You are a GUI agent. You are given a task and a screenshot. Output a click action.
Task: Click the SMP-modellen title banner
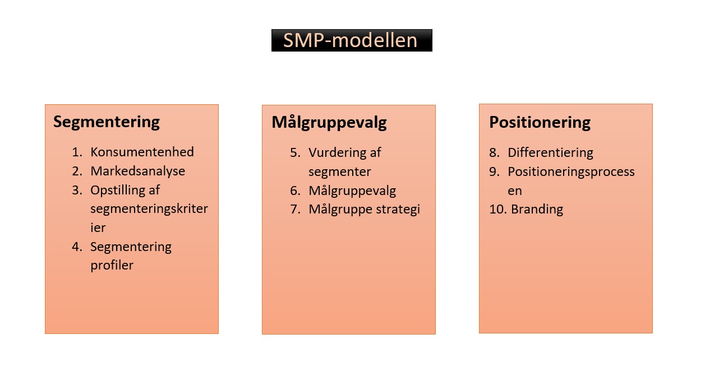[351, 40]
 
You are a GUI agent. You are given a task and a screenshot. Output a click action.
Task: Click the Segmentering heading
[107, 122]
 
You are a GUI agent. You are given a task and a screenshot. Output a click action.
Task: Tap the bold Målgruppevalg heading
[329, 122]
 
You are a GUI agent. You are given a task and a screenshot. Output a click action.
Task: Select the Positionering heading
[540, 122]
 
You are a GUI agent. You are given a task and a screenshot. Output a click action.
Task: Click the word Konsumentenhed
[142, 152]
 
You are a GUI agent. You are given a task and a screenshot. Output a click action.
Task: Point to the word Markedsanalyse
[137, 171]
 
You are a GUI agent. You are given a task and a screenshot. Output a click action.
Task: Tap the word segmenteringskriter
[149, 209]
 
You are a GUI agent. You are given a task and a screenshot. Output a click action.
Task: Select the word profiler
[112, 265]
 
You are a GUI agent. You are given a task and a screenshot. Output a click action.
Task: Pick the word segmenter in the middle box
[339, 171]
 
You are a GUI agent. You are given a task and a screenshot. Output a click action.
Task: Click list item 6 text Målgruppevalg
[352, 191]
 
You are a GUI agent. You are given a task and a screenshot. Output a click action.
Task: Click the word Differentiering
[550, 152]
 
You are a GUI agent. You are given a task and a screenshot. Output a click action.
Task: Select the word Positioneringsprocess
[571, 171]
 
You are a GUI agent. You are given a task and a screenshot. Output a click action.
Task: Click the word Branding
[537, 210]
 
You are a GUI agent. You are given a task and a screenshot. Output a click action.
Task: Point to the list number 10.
[497, 210]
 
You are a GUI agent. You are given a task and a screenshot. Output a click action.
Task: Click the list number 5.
[295, 152]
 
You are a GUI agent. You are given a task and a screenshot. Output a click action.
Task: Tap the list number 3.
[77, 190]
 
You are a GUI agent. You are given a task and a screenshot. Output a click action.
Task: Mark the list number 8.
[494, 152]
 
